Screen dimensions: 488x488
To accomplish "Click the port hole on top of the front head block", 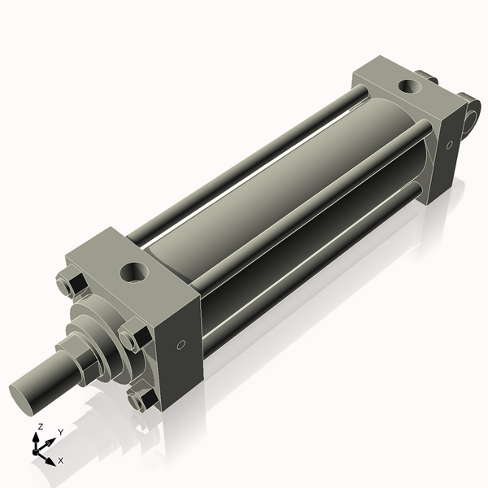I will [132, 271].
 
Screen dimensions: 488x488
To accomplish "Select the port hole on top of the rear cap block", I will [406, 87].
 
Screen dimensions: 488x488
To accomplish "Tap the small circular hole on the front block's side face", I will [181, 344].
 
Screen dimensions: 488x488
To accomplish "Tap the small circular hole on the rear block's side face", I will [449, 144].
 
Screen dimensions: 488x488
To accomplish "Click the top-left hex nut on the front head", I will [69, 285].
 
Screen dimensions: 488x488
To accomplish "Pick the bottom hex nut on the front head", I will [140, 399].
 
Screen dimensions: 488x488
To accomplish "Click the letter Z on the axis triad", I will [40, 426].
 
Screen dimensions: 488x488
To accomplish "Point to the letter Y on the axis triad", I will [60, 433].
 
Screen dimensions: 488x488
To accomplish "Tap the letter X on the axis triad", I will [60, 460].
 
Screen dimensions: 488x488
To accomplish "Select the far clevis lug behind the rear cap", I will [429, 78].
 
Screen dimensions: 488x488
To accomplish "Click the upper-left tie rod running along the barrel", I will [244, 163].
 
